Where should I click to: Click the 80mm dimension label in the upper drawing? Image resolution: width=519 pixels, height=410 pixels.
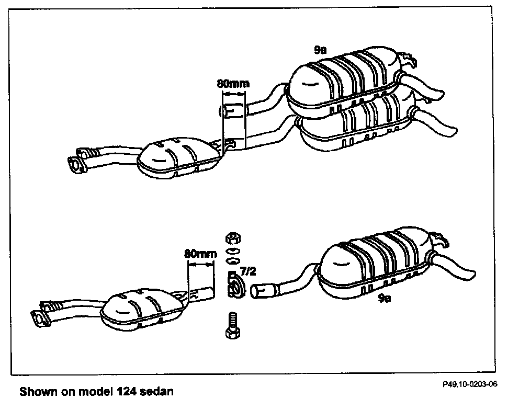[x=233, y=83]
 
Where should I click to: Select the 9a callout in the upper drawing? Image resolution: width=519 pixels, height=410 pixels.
[x=320, y=50]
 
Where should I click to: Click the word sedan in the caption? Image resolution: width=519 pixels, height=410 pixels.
[x=155, y=391]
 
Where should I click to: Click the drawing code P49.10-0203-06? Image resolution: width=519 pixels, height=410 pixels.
[x=469, y=383]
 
